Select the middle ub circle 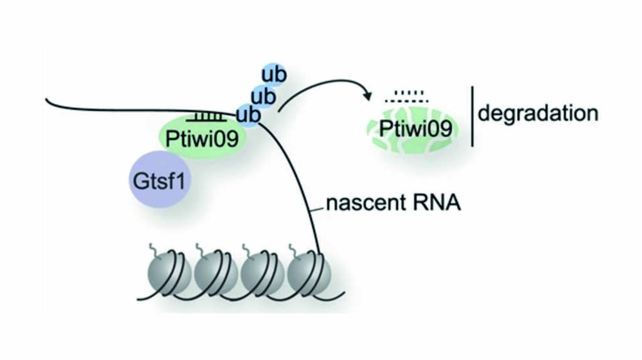[262, 96]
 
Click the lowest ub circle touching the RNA [247, 115]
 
